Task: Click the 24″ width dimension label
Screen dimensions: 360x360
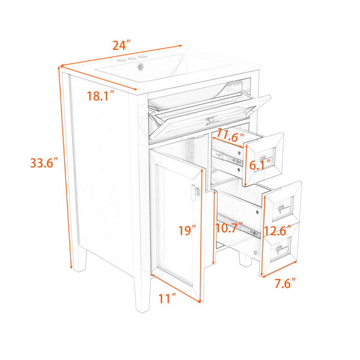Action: (x=121, y=46)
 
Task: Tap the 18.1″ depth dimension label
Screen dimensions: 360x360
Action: (x=101, y=96)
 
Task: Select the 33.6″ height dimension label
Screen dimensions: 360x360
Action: (x=44, y=163)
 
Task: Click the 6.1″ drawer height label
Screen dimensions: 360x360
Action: (x=260, y=165)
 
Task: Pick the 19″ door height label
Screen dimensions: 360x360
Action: (x=187, y=230)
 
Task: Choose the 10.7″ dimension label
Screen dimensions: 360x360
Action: (x=229, y=228)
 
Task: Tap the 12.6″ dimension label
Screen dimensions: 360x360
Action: (x=278, y=230)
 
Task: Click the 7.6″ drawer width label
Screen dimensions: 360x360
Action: (x=285, y=283)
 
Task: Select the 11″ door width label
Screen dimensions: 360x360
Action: (x=167, y=298)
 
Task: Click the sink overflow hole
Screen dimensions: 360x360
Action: (x=140, y=67)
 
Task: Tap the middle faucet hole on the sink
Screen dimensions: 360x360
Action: (x=132, y=59)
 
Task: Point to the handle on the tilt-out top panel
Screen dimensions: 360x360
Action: (x=211, y=121)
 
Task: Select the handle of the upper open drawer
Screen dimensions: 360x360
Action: (x=265, y=158)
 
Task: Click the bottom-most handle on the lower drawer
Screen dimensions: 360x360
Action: (x=282, y=249)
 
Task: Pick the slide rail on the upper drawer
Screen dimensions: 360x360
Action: (x=227, y=158)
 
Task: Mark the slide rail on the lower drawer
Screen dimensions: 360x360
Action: (x=239, y=226)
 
